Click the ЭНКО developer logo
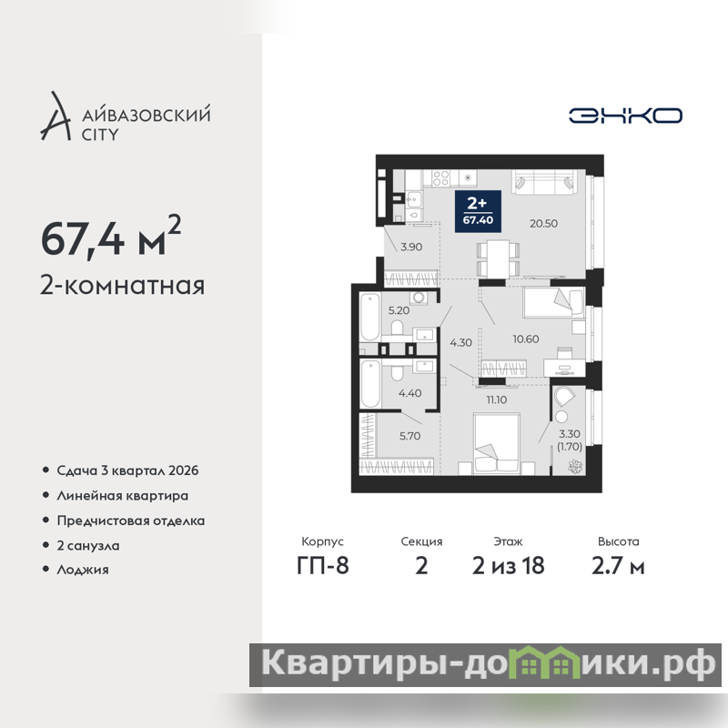coord(625,116)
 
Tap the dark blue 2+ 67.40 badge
coord(478,211)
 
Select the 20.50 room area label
coord(543,223)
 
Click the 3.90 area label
coord(411,247)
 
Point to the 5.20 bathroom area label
coord(399,310)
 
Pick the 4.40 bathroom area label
coord(410,393)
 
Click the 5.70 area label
coord(410,436)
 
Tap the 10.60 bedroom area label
coord(526,339)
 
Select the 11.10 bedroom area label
coord(496,399)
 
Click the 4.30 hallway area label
coord(460,343)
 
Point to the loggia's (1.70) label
coord(570,447)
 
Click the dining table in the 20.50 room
coord(498,258)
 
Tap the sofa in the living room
coord(544,181)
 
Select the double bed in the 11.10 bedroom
coord(496,444)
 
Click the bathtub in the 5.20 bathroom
coord(369,317)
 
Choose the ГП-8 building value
coord(323,566)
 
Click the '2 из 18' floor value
coord(508,566)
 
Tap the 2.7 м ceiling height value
coord(618,566)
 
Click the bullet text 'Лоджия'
coord(83,570)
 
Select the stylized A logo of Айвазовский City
coord(56,116)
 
